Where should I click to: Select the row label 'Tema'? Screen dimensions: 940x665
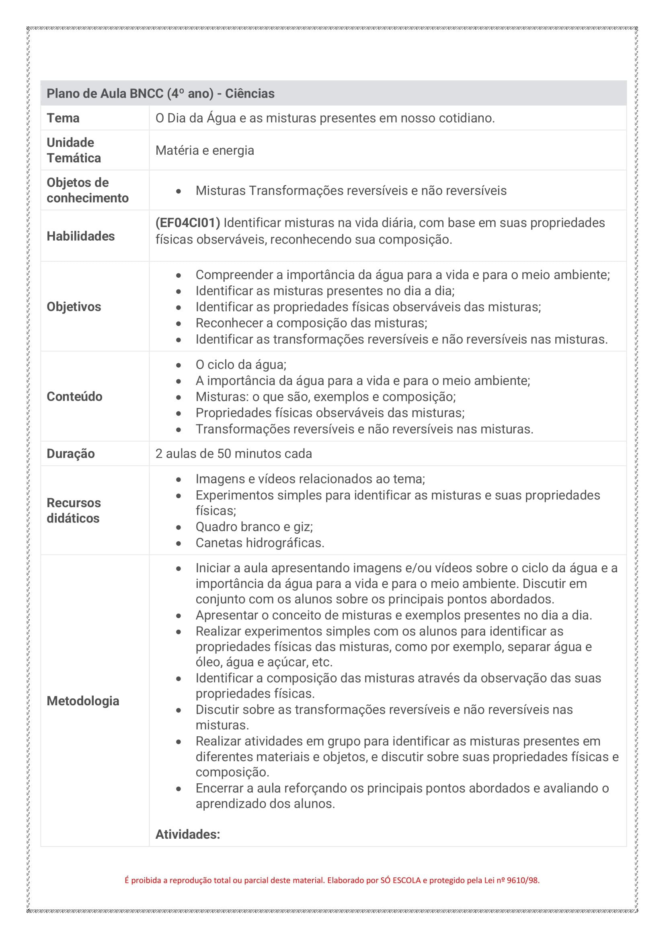tap(63, 118)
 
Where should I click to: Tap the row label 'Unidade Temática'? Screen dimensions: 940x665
tap(74, 150)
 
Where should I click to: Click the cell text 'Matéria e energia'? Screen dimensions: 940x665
tap(205, 150)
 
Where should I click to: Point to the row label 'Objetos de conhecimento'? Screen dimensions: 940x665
tap(87, 190)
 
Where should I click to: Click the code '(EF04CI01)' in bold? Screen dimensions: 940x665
tap(187, 223)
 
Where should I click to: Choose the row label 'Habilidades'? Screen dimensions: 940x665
tap(81, 236)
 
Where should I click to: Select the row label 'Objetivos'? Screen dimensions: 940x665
tap(74, 307)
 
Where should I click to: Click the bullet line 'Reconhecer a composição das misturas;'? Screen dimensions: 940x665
tap(311, 323)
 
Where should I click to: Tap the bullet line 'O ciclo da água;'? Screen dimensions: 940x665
tap(241, 365)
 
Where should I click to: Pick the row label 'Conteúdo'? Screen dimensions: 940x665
tap(74, 396)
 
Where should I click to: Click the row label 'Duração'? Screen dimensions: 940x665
tap(70, 454)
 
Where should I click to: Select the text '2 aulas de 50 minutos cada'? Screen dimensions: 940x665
tap(234, 454)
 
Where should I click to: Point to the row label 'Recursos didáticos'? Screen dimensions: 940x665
tap(74, 510)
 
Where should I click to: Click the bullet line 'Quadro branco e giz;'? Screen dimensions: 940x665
tap(254, 526)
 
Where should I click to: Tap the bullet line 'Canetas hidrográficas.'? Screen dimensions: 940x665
tap(260, 543)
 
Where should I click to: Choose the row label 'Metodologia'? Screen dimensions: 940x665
tap(83, 701)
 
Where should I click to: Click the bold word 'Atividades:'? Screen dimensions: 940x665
tap(187, 834)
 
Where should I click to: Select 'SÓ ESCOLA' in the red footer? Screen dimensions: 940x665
tap(400, 880)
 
